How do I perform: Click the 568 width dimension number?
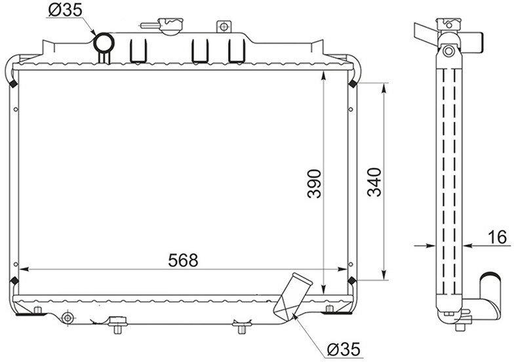pos(183,260)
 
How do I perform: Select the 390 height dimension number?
pos(314,184)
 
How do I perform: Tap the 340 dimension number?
pos(374,182)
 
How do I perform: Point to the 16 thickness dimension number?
pos(497,237)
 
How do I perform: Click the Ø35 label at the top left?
pos(66,10)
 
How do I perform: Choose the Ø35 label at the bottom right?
pos(344,349)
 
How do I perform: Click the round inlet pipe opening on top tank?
pos(104,43)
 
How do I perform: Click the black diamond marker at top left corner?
pos(13,84)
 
